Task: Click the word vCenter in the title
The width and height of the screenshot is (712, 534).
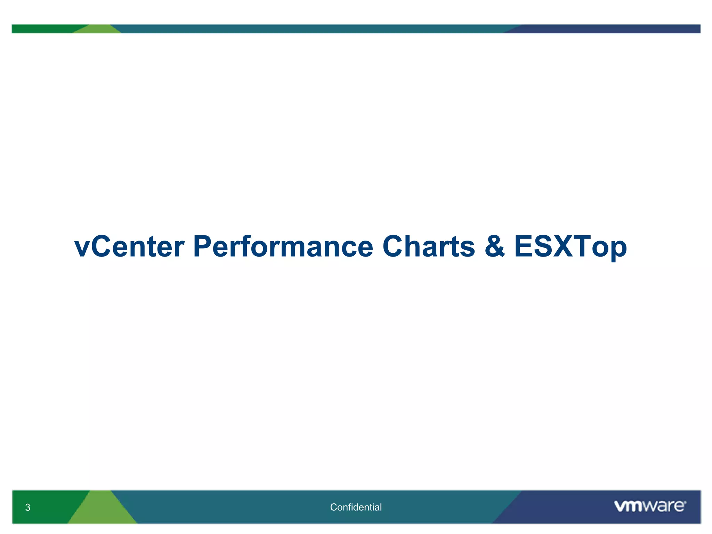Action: tap(129, 246)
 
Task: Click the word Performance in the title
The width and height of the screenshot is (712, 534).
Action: tap(283, 246)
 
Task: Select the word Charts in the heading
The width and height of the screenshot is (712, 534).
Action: tap(428, 246)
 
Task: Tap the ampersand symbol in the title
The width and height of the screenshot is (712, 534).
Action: tap(494, 246)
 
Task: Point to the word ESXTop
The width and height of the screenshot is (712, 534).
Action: tap(570, 246)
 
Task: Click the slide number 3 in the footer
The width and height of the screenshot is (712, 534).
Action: tap(28, 507)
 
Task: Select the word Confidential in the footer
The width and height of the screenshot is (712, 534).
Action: tap(356, 507)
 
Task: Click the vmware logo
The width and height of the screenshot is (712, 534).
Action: tap(650, 506)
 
